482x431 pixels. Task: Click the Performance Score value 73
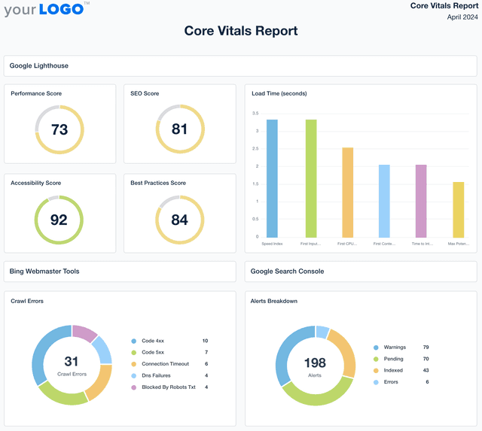coord(59,129)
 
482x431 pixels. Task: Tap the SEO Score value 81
coord(179,129)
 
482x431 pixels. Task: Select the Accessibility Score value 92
coord(59,220)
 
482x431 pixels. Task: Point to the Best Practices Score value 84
coord(179,220)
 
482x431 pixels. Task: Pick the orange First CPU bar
coord(347,192)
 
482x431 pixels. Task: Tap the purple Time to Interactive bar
coord(421,201)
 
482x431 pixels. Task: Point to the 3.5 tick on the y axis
coord(255,114)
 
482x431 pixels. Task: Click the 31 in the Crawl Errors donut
coord(71,362)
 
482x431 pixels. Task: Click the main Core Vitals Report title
coord(241,31)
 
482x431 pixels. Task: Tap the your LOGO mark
coord(47,9)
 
